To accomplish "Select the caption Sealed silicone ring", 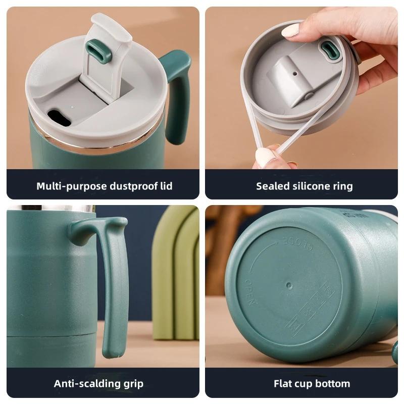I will click(304, 186).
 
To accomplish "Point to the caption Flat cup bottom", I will click(312, 384).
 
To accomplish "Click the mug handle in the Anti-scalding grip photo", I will click(114, 283).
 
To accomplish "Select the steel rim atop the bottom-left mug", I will click(50, 208).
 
